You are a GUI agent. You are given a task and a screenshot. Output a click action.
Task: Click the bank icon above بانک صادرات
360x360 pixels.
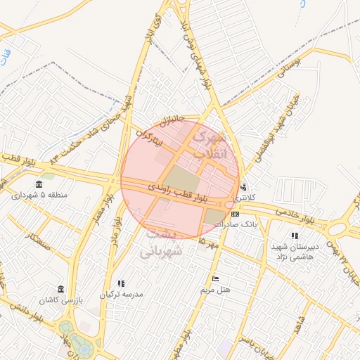click(234, 214)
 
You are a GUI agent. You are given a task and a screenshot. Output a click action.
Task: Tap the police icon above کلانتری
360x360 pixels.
click(243, 187)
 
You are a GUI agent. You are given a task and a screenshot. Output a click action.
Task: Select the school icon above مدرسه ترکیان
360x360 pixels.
click(122, 283)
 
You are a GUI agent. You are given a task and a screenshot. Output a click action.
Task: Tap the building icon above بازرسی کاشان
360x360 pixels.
click(61, 289)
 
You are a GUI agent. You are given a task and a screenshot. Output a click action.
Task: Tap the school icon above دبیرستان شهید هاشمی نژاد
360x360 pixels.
click(294, 236)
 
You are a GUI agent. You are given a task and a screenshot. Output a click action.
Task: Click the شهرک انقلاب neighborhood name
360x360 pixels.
click(211, 144)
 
